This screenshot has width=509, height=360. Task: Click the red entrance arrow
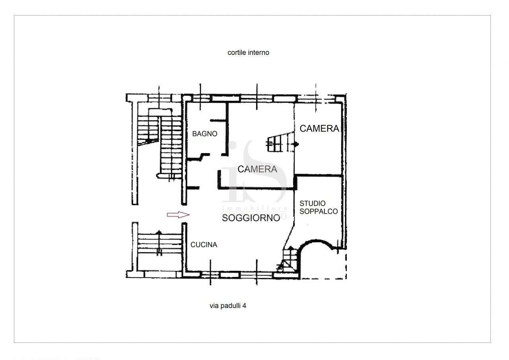pos(178,215)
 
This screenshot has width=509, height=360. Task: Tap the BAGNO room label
pos(205,134)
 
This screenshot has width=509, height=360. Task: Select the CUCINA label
pos(204,245)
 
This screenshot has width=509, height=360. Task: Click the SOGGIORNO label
pos(251,218)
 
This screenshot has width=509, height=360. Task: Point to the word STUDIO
pos(313,204)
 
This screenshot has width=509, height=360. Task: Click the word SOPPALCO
pos(319,212)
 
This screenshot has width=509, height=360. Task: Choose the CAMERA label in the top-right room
pos(319,128)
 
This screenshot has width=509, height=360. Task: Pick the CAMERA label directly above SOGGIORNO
pos(257,169)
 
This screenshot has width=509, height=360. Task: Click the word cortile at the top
pos(237,53)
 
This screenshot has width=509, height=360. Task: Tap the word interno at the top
pos(259,53)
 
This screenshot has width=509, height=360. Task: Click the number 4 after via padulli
pos(245,306)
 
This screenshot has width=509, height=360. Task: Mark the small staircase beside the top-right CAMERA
pos(280,143)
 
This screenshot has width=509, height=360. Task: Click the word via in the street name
pos(214,306)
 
